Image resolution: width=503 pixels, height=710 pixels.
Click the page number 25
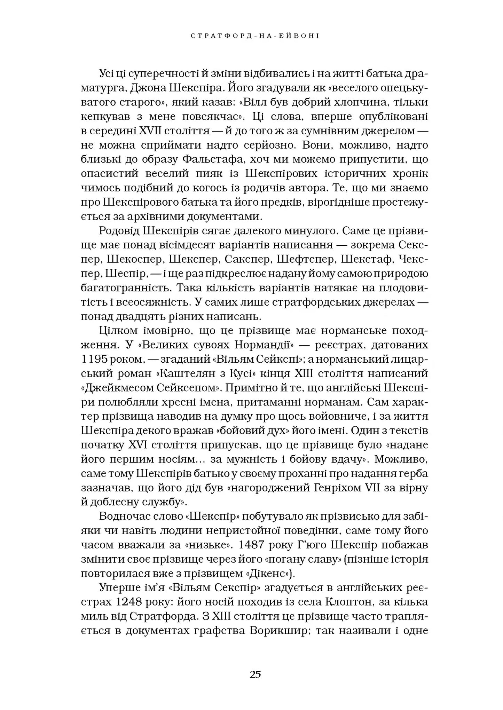point(255,674)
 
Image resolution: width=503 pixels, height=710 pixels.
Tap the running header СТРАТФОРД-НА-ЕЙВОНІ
point(255,36)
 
